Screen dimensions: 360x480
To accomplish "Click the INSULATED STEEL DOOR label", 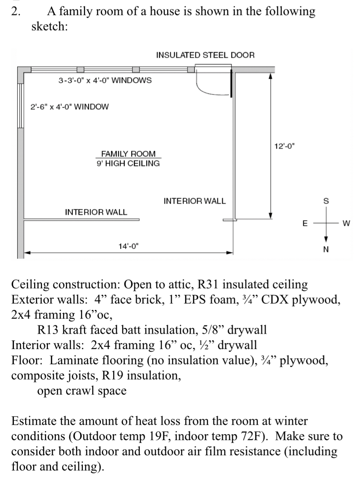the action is click(x=205, y=55).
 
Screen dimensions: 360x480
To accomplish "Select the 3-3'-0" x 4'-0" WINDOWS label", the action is click(x=105, y=80).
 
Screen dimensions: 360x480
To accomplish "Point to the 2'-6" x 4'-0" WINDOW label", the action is click(x=69, y=106).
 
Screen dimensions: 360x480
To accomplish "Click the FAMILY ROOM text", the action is click(x=128, y=154).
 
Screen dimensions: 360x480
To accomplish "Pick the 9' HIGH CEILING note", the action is click(x=128, y=163).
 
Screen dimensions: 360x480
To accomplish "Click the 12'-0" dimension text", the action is click(x=284, y=146).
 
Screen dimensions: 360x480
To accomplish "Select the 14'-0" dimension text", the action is click(x=128, y=246).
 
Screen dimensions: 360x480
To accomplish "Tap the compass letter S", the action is click(x=326, y=201).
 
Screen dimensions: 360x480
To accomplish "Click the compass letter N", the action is click(x=326, y=250).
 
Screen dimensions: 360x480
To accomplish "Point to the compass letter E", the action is click(x=305, y=223).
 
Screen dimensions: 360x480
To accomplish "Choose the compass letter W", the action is click(x=346, y=223).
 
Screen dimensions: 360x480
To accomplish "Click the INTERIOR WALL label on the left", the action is click(x=96, y=212).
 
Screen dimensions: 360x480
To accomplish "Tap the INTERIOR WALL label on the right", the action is click(x=195, y=201).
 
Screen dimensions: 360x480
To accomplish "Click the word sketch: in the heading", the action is click(x=49, y=27).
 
